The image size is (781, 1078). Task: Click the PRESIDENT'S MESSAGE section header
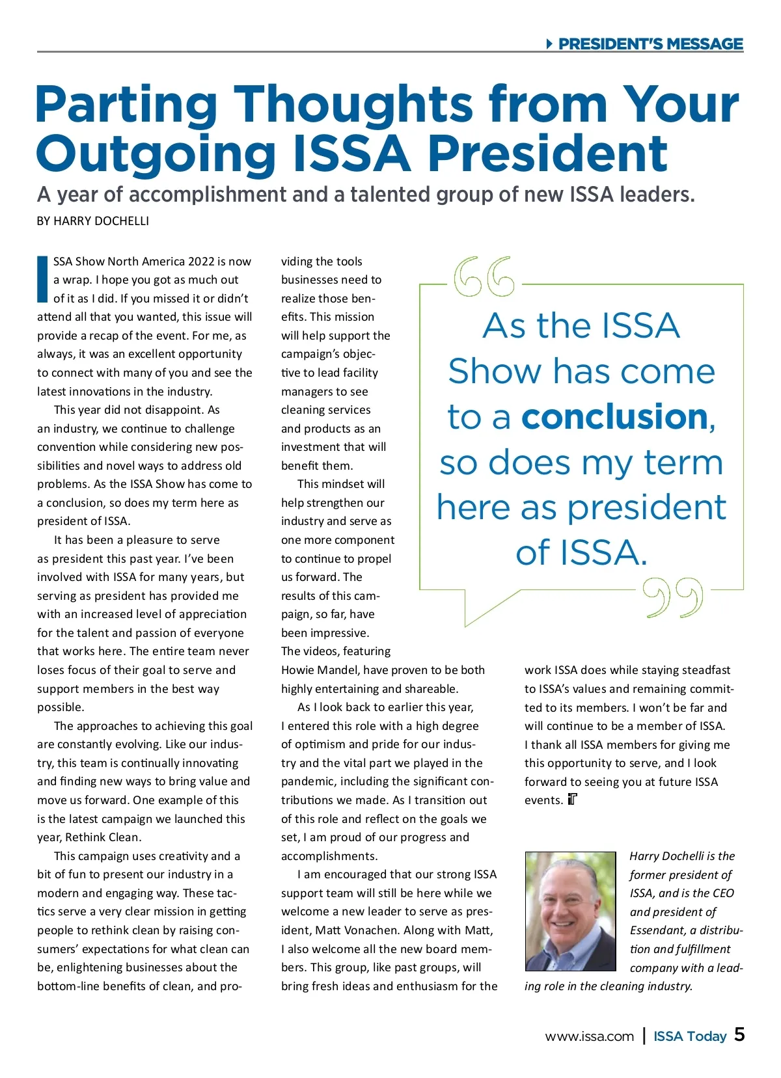pos(650,44)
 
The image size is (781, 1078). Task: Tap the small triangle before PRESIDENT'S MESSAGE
pos(549,44)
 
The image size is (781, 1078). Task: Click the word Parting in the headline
pos(126,105)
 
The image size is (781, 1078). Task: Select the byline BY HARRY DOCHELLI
pos(93,221)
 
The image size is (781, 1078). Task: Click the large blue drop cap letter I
pos(43,280)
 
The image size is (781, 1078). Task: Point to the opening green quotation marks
pos(484,276)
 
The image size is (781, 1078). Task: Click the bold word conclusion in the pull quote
pos(614,416)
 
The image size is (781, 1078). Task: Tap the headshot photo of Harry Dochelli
pos(570,911)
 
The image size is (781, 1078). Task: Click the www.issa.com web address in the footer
pos(589,1036)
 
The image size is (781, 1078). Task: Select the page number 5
pos(739,1034)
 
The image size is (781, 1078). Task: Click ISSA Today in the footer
pos(690,1036)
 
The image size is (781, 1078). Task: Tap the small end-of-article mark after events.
pos(573,800)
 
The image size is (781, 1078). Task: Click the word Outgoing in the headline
pos(156,154)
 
